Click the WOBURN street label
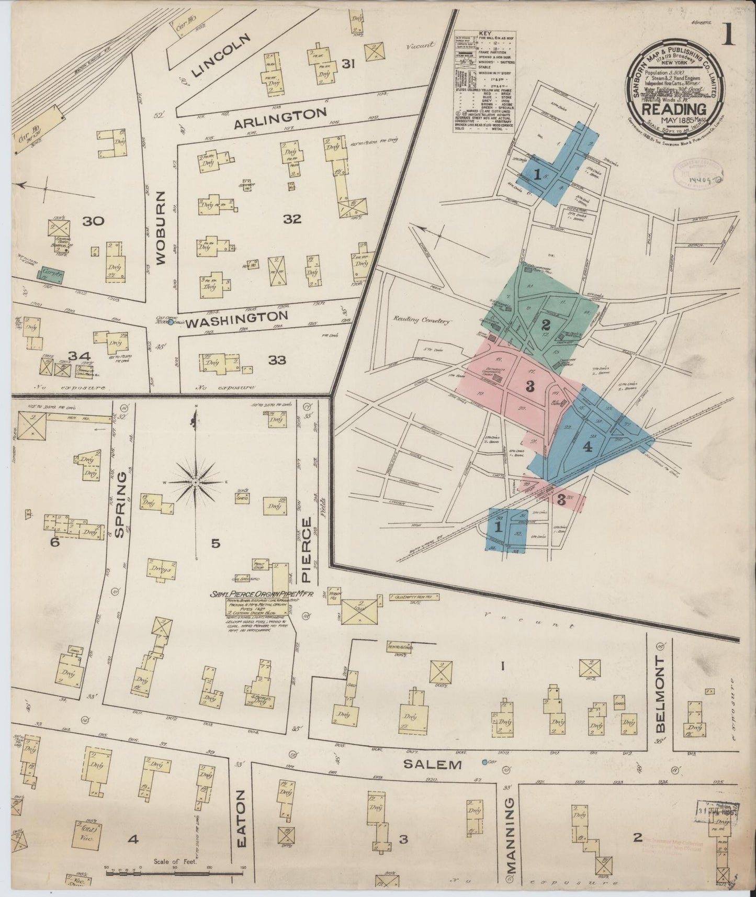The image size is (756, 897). (x=161, y=228)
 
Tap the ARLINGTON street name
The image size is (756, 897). (x=280, y=119)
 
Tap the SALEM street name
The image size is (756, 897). (x=433, y=765)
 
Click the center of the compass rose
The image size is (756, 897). (x=196, y=481)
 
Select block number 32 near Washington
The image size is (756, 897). (x=292, y=219)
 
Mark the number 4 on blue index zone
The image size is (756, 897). (x=587, y=447)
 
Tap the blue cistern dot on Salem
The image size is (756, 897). (x=484, y=762)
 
